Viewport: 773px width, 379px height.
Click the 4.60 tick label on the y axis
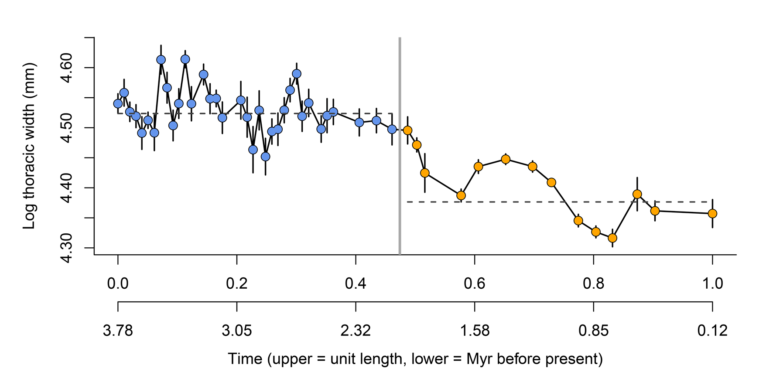tap(68, 68)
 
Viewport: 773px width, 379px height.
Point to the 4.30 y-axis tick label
tap(68, 248)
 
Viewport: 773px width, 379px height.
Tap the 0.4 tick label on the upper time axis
tap(356, 284)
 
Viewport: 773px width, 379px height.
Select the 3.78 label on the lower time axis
tap(118, 331)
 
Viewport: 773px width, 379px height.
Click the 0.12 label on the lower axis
tap(712, 331)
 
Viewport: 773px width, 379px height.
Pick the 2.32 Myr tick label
tap(356, 331)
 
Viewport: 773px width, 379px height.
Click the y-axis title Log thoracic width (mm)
tap(29, 146)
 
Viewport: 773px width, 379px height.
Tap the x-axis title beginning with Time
tap(415, 359)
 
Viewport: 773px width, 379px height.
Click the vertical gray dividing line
tap(400, 146)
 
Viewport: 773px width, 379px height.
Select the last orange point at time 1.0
tap(712, 214)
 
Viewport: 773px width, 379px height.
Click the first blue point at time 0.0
tap(118, 104)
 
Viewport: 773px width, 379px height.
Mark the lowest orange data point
tap(612, 238)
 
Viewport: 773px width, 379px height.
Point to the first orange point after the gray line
tap(407, 130)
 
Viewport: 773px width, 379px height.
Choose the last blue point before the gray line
tap(392, 130)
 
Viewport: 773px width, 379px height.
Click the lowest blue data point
tap(265, 157)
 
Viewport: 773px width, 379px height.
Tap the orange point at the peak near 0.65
tap(506, 160)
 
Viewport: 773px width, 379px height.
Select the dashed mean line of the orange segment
tap(560, 202)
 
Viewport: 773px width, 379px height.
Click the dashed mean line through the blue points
tap(255, 113)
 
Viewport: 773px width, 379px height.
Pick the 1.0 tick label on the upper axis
tap(712, 284)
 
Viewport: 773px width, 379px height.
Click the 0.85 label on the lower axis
tap(594, 331)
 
